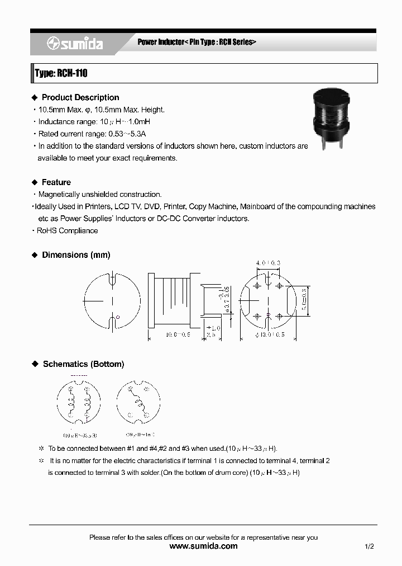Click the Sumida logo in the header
74,44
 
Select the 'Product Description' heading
80,97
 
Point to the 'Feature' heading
56,182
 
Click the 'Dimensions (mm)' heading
76,255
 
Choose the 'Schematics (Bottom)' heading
83,364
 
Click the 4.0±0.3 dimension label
268,263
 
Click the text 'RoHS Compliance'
67,231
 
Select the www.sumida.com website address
203,546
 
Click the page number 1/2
369,546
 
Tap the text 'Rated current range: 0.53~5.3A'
92,134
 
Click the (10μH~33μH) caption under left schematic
80,435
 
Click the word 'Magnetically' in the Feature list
59,195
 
